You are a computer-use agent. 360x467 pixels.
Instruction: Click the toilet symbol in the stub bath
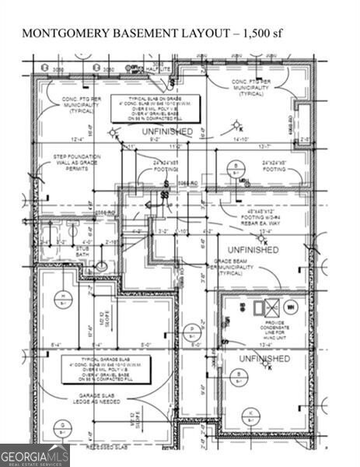pyautogui.click(x=100, y=268)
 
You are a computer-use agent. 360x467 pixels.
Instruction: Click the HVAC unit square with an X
pyautogui.click(x=258, y=308)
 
